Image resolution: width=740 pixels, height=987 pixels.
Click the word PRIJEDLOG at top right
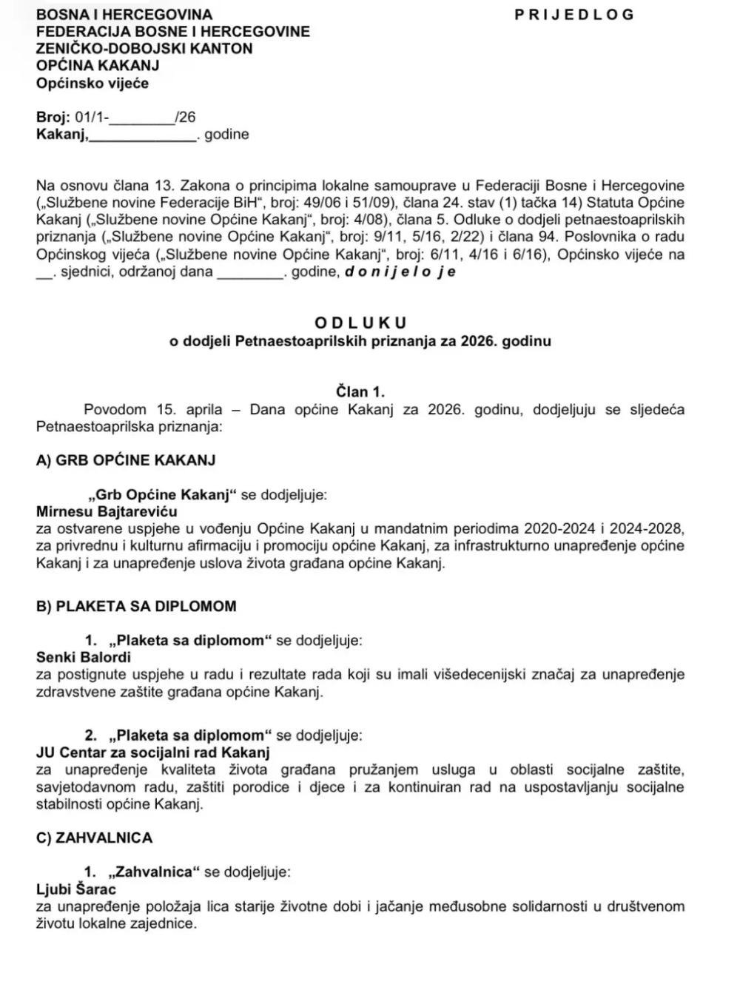pyautogui.click(x=574, y=15)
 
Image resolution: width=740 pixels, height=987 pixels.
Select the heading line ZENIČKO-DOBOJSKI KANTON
pyautogui.click(x=144, y=49)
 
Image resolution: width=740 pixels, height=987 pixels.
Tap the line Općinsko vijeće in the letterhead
pyautogui.click(x=92, y=83)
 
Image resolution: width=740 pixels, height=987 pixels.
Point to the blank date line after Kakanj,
pyautogui.click(x=142, y=135)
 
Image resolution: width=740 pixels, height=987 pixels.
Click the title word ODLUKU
pyautogui.click(x=360, y=323)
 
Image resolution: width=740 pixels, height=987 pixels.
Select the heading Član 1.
pyautogui.click(x=360, y=392)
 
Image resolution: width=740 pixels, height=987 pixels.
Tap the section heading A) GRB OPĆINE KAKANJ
pyautogui.click(x=126, y=460)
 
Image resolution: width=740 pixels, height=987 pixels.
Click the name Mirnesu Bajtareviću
pyautogui.click(x=107, y=511)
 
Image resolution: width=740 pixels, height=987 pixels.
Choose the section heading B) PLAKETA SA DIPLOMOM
pyautogui.click(x=136, y=606)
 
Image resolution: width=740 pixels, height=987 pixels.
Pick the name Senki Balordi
pyautogui.click(x=83, y=656)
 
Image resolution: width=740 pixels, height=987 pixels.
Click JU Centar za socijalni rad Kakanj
pyautogui.click(x=152, y=752)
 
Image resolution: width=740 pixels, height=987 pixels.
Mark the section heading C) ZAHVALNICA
pyautogui.click(x=94, y=838)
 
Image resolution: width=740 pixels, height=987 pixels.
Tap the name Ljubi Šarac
pyautogui.click(x=76, y=889)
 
